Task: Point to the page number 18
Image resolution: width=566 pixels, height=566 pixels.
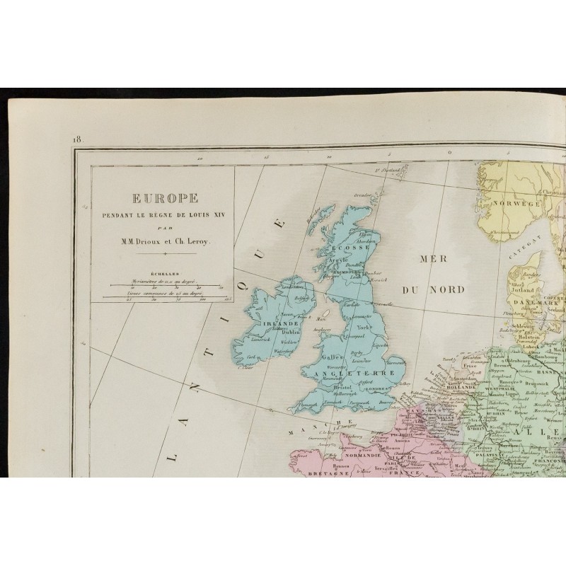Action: [77, 139]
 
